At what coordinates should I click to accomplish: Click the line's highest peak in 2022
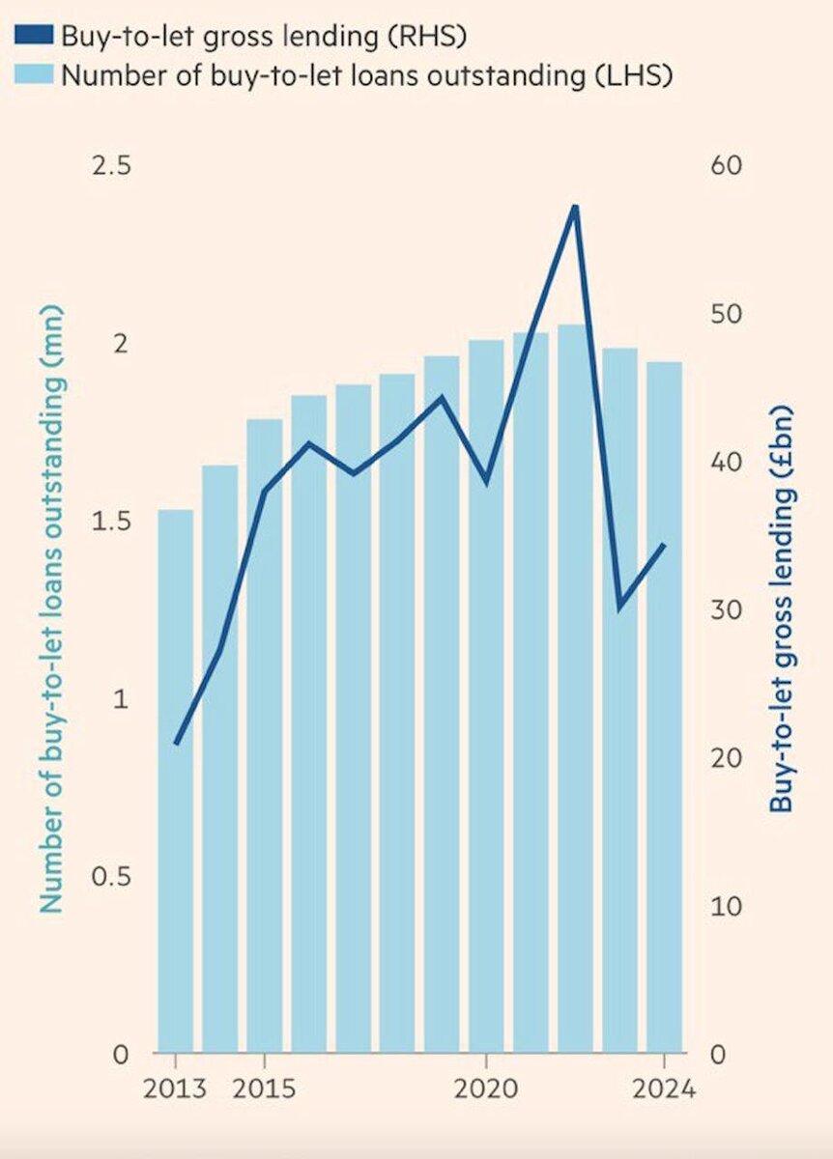click(575, 207)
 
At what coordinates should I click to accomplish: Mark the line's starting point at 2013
click(176, 743)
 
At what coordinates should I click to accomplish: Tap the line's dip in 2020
click(486, 481)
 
